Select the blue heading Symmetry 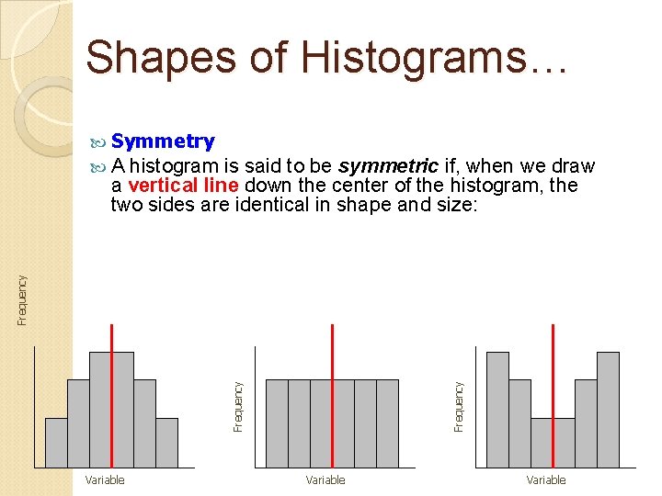point(162,141)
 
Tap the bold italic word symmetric point(387,166)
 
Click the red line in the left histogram point(111,395)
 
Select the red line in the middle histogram point(332,395)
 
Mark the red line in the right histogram point(553,395)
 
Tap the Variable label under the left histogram point(105,479)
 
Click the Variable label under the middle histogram point(325,479)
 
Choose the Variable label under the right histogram point(546,479)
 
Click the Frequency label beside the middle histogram point(238,407)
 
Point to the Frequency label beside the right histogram point(459,407)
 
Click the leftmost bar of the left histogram point(56,443)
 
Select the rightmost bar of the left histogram point(166,443)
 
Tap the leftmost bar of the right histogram point(497,410)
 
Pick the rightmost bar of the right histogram point(608,410)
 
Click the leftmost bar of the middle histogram point(277,423)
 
